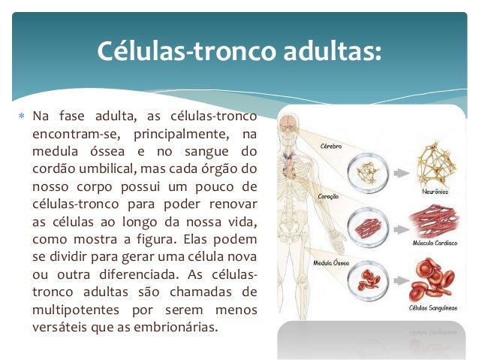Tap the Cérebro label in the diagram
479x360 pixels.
click(x=333, y=145)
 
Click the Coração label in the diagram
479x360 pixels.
click(x=330, y=196)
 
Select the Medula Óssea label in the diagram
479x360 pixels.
click(x=330, y=264)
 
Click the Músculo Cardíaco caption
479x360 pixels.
click(x=429, y=245)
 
